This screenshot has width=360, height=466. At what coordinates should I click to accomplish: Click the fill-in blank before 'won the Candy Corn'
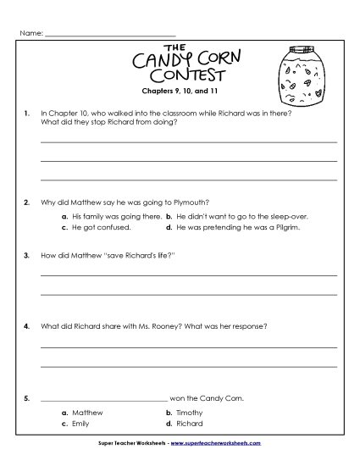click(104, 398)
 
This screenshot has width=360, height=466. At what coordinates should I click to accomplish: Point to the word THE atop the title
click(174, 47)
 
